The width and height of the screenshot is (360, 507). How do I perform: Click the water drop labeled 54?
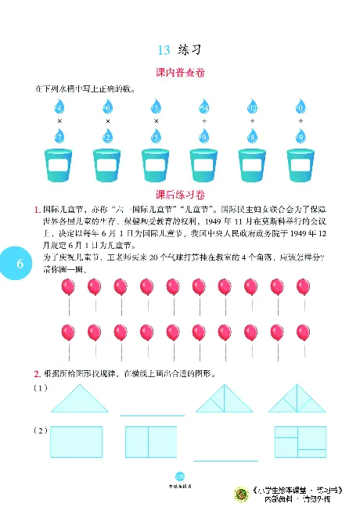point(204,106)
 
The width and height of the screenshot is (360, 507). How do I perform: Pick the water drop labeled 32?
point(253,106)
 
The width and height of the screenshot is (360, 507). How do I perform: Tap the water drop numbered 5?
point(156,137)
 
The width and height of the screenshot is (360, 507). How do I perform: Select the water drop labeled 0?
point(301,106)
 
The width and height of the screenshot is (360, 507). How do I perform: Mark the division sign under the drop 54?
point(204,122)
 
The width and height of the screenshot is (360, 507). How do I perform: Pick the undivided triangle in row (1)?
point(81,401)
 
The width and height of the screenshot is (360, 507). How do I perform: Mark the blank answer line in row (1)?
point(152,414)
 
